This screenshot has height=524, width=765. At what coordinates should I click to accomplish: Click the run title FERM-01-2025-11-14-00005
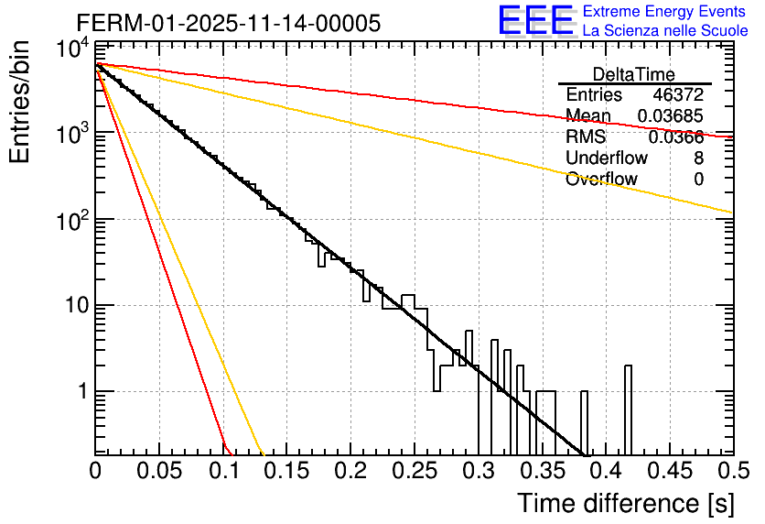point(228,24)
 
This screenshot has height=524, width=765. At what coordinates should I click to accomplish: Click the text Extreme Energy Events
point(664,12)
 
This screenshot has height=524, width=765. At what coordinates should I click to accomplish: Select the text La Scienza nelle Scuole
point(664,30)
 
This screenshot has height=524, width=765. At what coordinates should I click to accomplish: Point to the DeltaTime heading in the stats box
point(633,74)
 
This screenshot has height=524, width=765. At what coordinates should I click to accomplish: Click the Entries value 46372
point(678,95)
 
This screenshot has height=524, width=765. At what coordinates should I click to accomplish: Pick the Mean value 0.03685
point(670,116)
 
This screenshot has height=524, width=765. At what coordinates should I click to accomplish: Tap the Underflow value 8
point(698,158)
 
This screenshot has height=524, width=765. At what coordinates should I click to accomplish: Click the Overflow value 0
point(698,180)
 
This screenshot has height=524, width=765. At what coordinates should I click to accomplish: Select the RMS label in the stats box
point(586,137)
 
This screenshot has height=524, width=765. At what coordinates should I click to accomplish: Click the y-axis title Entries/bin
point(22,103)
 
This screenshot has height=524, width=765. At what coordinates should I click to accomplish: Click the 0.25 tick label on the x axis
point(414,472)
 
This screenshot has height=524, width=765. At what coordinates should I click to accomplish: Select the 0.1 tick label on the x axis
point(223,472)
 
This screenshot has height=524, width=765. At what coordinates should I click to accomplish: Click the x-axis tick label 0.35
point(541,472)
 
